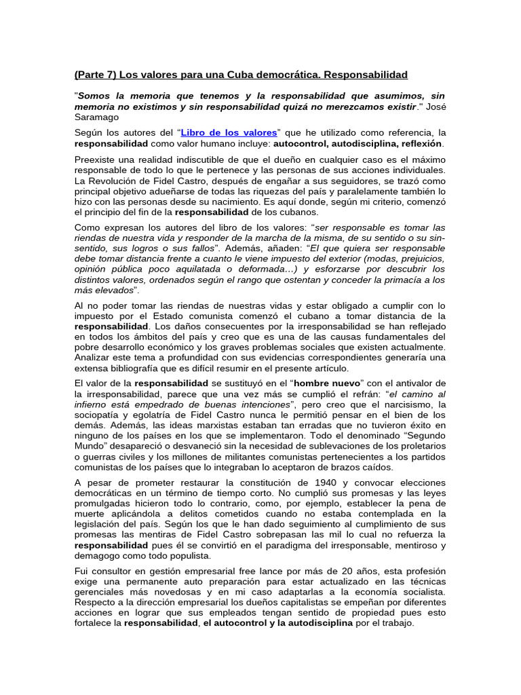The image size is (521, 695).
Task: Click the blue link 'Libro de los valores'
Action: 228,132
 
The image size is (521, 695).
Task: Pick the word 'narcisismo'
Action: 412,405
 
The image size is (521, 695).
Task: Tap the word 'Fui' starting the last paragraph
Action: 81,572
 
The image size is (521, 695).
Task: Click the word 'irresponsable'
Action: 357,546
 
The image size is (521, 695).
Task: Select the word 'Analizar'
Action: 95,357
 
